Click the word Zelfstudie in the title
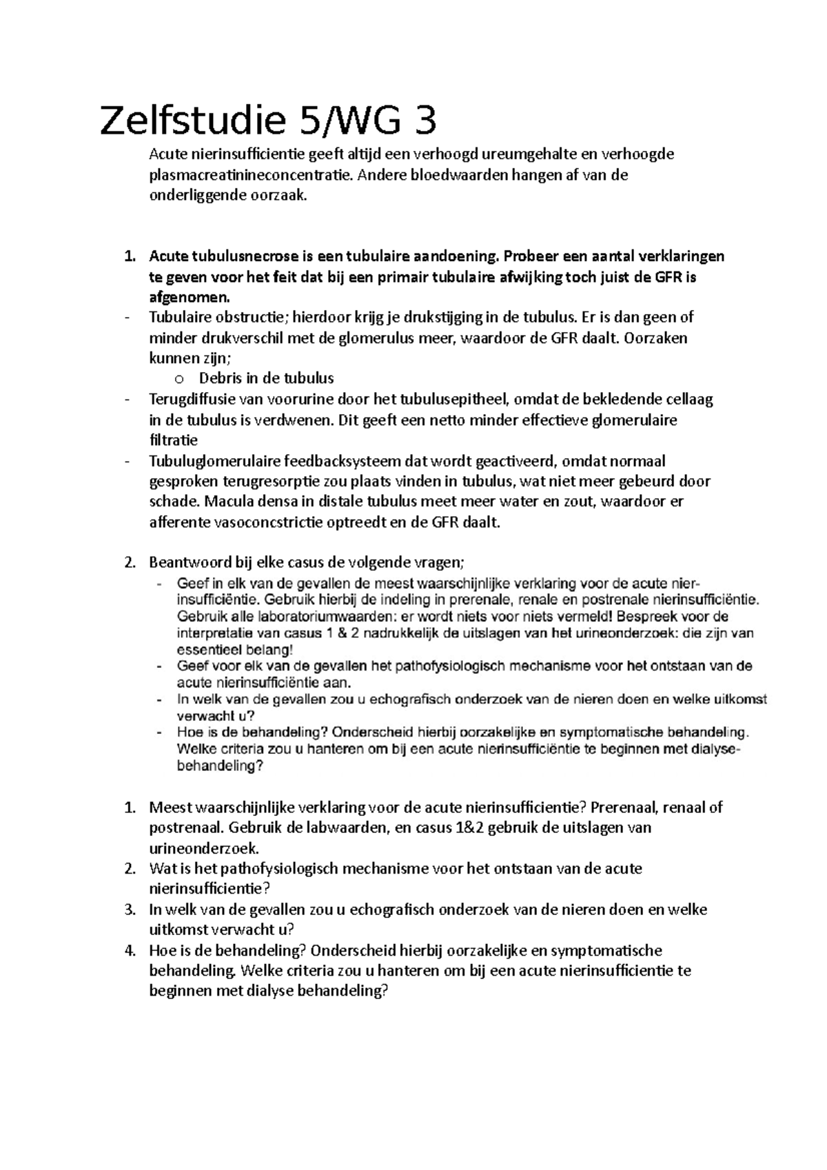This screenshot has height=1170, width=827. [x=191, y=123]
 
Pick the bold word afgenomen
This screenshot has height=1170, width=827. [x=187, y=298]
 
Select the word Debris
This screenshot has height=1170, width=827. [x=221, y=378]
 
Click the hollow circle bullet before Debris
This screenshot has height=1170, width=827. [x=179, y=379]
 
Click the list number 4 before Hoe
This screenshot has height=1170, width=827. [x=130, y=952]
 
